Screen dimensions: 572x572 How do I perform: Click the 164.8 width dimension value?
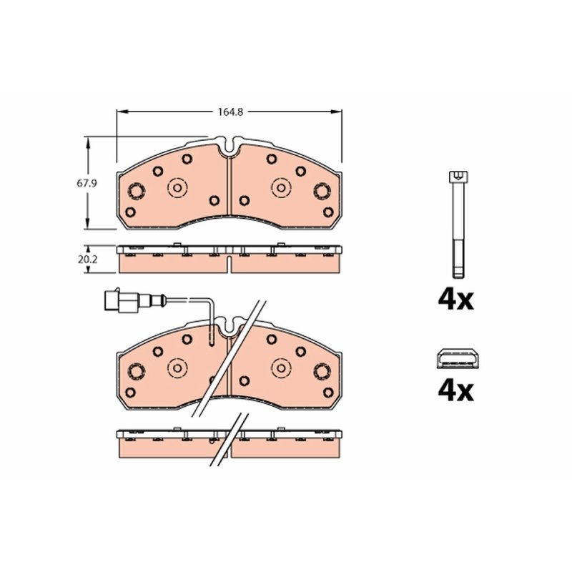click(x=230, y=112)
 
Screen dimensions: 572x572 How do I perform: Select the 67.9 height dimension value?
click(x=87, y=184)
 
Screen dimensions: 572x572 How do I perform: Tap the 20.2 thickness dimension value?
click(x=87, y=260)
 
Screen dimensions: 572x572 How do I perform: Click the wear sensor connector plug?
click(x=121, y=300)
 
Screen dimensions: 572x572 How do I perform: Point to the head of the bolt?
click(x=458, y=177)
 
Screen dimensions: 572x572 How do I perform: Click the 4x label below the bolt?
click(x=456, y=300)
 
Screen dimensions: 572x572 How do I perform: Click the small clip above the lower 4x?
click(x=458, y=358)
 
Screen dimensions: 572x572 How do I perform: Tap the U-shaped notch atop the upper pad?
click(x=229, y=145)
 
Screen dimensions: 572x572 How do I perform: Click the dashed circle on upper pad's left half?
click(x=177, y=188)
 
